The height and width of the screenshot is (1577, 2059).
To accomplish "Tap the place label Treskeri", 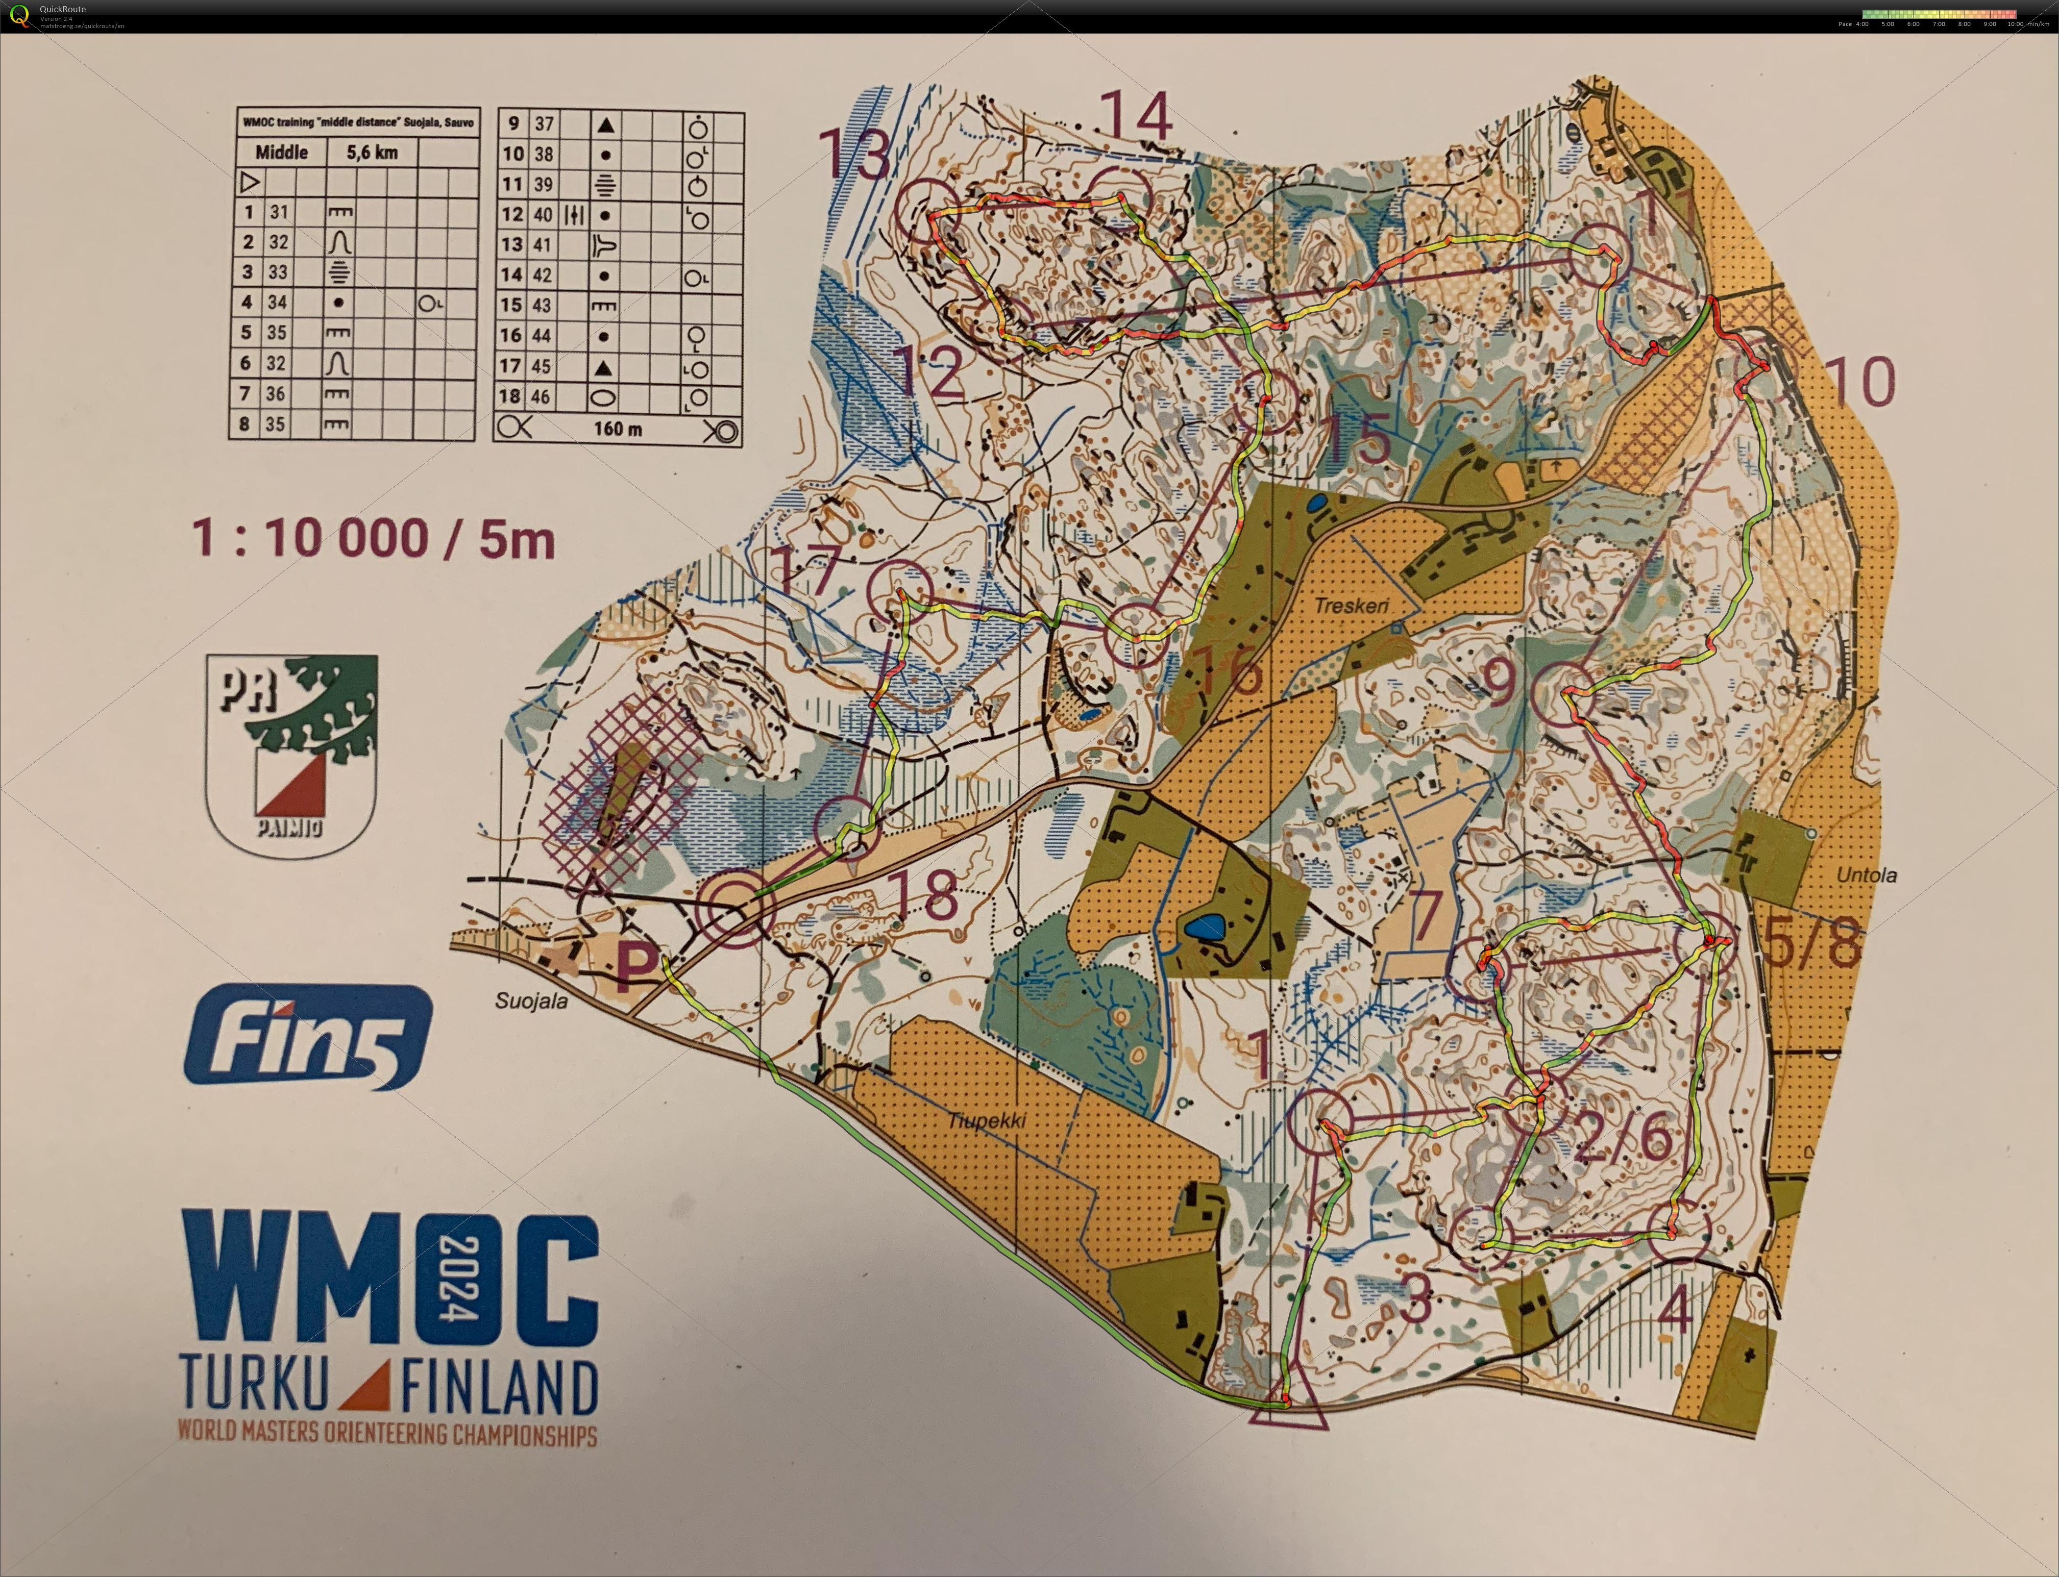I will coord(1351,606).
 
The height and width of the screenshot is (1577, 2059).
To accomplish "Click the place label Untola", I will coord(1867,875).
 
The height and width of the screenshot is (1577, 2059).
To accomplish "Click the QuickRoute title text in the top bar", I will coord(63,9).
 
